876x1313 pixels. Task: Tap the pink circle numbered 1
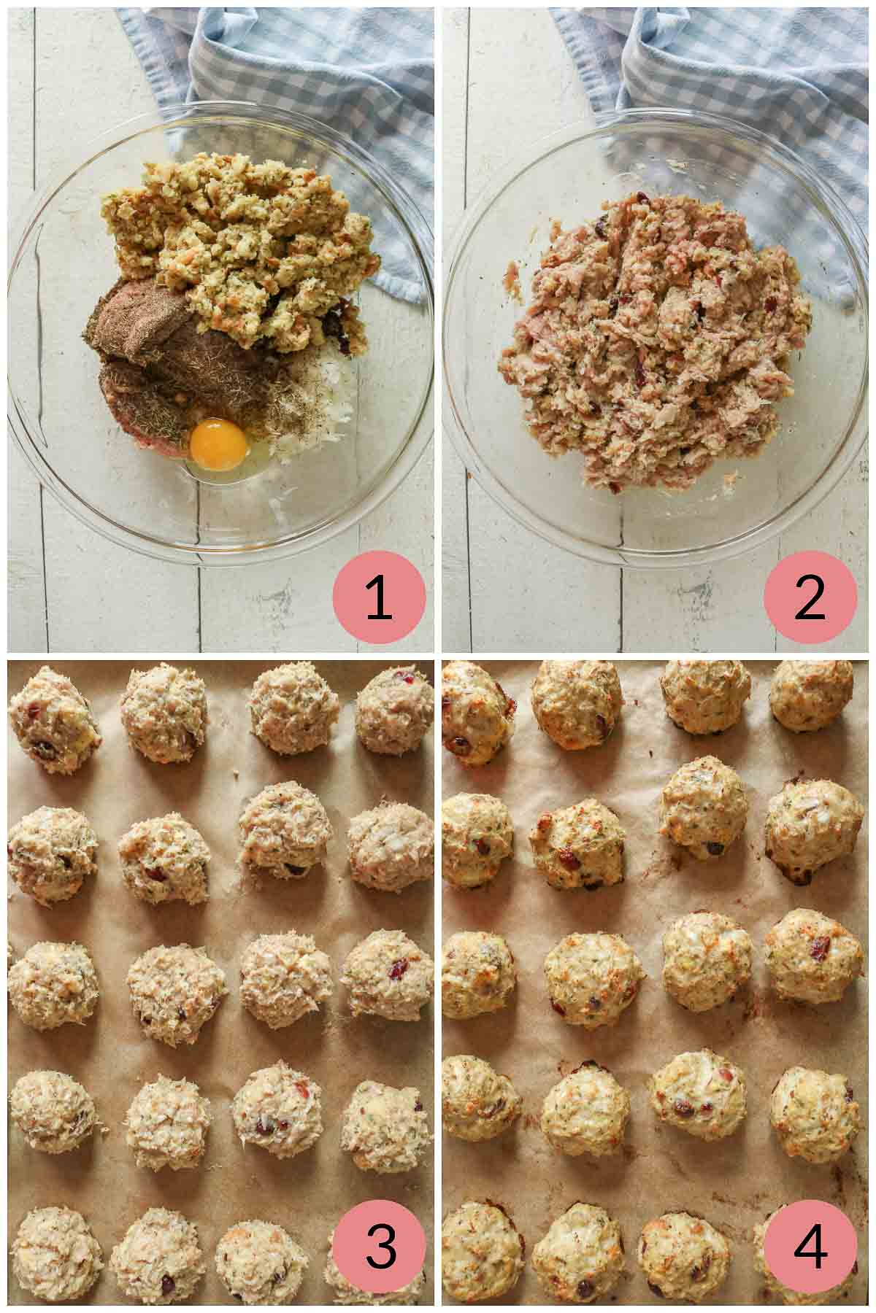coord(378,597)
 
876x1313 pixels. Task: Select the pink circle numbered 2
coord(810,597)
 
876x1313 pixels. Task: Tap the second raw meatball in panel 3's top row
coord(164,704)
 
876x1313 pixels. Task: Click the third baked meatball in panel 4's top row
coord(704,697)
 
